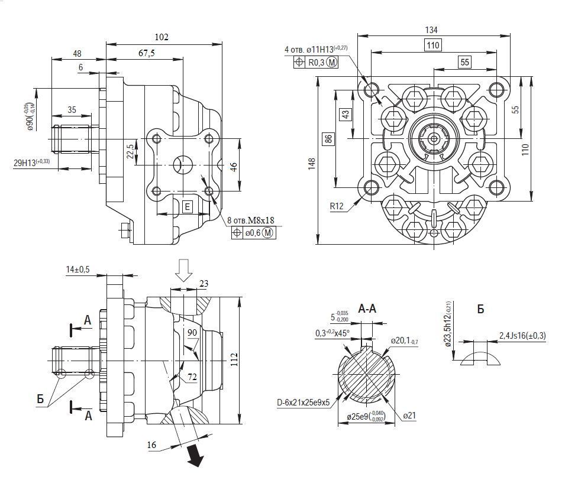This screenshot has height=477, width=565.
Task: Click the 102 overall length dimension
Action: [x=161, y=37]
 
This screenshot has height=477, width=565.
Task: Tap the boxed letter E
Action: [x=187, y=206]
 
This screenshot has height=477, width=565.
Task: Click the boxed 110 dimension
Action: [x=434, y=45]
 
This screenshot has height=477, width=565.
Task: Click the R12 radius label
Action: [x=338, y=207]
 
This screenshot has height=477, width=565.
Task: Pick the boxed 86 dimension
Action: [x=328, y=139]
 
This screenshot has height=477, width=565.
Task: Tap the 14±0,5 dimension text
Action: [x=78, y=270]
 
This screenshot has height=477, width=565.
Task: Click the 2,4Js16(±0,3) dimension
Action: [x=522, y=335]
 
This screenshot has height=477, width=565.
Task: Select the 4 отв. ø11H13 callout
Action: [x=315, y=48]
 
